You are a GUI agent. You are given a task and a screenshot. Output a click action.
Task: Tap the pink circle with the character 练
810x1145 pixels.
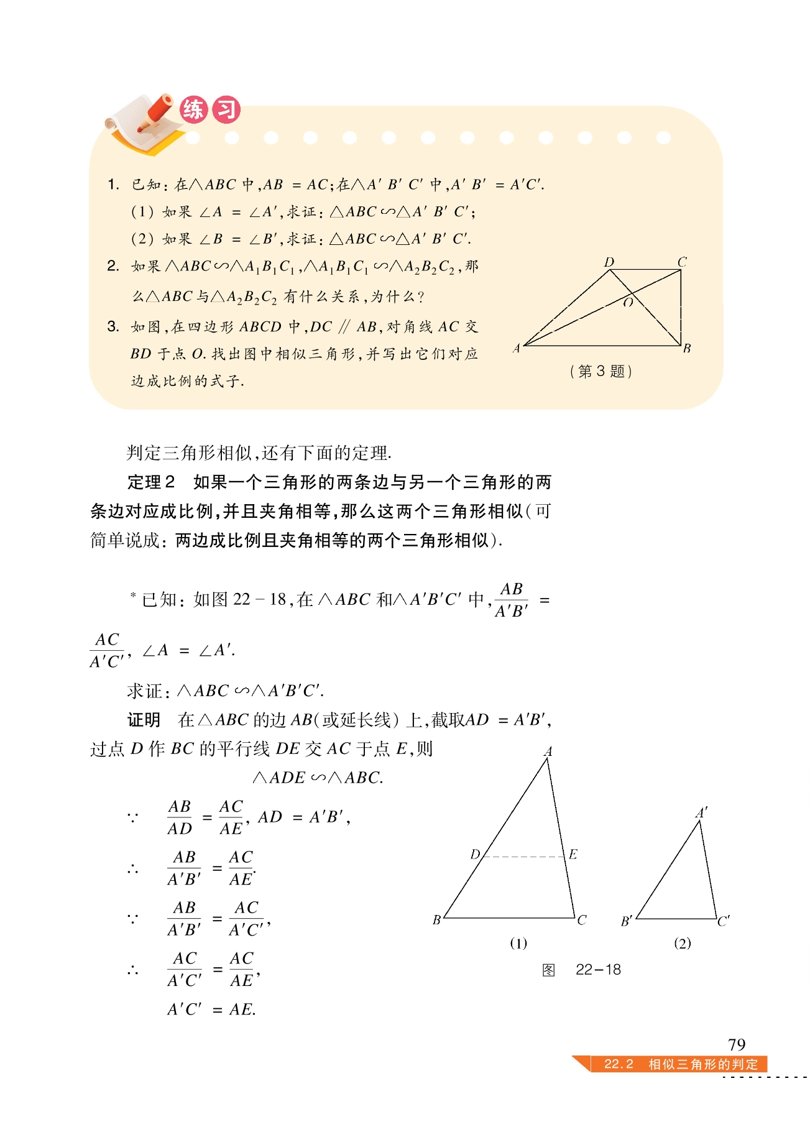pyautogui.click(x=193, y=110)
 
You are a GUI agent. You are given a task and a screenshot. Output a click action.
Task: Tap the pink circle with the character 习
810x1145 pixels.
pyautogui.click(x=226, y=110)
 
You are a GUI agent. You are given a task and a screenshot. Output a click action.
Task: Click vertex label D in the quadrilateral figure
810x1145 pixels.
pyautogui.click(x=609, y=262)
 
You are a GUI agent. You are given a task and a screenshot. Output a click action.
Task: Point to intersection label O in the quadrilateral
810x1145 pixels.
pyautogui.click(x=628, y=303)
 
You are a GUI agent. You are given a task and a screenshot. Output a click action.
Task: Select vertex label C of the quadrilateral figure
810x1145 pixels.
pyautogui.click(x=682, y=262)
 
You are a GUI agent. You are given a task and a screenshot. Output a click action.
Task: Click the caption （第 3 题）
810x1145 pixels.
pyautogui.click(x=601, y=372)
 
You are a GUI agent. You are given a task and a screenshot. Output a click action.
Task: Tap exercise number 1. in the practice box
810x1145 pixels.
pyautogui.click(x=113, y=185)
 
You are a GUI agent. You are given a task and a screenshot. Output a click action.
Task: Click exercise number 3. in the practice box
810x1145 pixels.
pyautogui.click(x=113, y=327)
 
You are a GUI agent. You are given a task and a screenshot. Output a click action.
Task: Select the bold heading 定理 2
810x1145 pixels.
pyautogui.click(x=151, y=482)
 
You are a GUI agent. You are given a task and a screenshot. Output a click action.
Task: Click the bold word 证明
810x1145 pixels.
pyautogui.click(x=144, y=720)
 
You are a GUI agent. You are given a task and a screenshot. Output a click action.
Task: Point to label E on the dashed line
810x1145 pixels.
pyautogui.click(x=573, y=854)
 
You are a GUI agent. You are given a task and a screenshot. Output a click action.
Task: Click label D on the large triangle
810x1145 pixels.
pyautogui.click(x=475, y=854)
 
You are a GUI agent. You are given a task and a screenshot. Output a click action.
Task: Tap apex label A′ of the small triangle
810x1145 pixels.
pyautogui.click(x=701, y=813)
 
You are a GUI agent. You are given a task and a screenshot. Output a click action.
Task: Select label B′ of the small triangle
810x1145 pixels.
pyautogui.click(x=627, y=921)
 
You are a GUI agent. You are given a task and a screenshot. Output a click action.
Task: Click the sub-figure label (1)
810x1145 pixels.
pyautogui.click(x=518, y=944)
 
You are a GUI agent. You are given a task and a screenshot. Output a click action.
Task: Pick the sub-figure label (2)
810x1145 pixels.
pyautogui.click(x=682, y=944)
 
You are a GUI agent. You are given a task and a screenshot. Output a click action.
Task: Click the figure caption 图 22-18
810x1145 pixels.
pyautogui.click(x=581, y=970)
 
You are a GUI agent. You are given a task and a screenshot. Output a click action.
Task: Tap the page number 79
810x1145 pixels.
pyautogui.click(x=737, y=1044)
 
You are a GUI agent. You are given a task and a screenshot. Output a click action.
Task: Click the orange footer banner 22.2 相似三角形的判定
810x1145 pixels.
pyautogui.click(x=680, y=1064)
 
